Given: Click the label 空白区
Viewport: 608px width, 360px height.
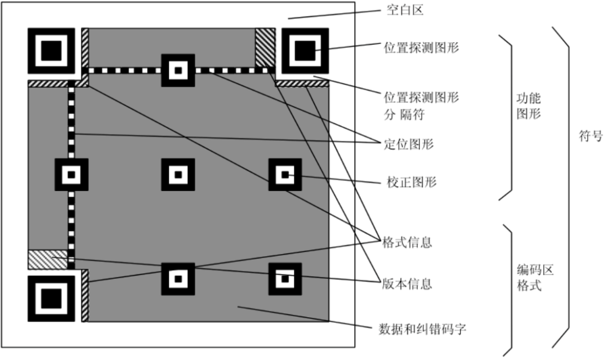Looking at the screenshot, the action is (x=405, y=10).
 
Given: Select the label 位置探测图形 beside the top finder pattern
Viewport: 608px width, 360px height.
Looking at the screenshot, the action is (x=422, y=47).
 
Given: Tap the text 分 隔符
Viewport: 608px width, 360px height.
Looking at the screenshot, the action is (x=404, y=114).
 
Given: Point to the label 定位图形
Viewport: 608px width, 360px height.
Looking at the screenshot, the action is (x=409, y=144).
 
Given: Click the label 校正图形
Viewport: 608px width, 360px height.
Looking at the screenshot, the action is (x=412, y=181).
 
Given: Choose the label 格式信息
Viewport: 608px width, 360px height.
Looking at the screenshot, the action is (x=407, y=242).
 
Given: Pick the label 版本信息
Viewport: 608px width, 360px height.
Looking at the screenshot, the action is (x=407, y=283).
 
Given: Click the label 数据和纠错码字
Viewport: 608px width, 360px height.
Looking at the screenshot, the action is (x=422, y=330).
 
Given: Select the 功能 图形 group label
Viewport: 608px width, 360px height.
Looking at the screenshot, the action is (x=529, y=106).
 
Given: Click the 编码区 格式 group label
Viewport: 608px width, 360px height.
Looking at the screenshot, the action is (x=535, y=277).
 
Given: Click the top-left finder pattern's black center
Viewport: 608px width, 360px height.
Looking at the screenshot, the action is (x=51, y=51).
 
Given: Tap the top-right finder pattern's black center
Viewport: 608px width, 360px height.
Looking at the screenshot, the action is (x=305, y=51).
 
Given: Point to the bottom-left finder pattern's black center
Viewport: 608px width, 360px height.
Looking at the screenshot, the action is (x=51, y=299).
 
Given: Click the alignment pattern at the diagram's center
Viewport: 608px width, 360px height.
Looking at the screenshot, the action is (x=178, y=175).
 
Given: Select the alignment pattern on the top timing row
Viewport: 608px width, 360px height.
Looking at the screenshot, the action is (x=178, y=70).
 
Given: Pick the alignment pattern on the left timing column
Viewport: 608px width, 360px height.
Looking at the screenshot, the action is (x=71, y=175).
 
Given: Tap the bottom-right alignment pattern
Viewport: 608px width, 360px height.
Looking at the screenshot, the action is (x=285, y=279).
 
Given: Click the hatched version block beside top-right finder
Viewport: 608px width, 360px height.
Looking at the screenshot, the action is (x=265, y=47).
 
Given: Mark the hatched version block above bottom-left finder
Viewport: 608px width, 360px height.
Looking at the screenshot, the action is (x=47, y=260).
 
